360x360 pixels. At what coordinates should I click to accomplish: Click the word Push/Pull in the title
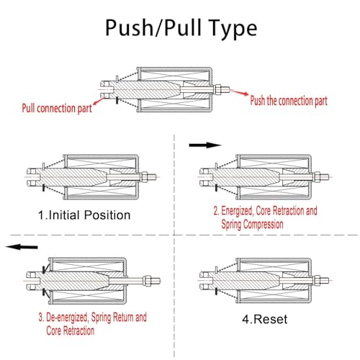tap(153, 27)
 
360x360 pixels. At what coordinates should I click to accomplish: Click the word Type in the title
tap(233, 30)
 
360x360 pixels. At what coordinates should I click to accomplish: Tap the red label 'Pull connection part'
tap(57, 109)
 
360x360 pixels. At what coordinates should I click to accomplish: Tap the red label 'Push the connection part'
tap(289, 101)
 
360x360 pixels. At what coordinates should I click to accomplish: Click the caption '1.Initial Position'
tap(84, 215)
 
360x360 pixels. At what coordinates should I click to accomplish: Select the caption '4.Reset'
tap(265, 319)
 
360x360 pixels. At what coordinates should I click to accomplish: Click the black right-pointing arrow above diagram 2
tap(205, 145)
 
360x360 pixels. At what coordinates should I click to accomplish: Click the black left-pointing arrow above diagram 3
tap(22, 247)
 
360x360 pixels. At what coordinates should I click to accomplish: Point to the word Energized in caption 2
tap(237, 211)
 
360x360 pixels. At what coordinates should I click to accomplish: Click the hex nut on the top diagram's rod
tap(217, 89)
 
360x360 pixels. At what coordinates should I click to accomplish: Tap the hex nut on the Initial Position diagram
tap(145, 177)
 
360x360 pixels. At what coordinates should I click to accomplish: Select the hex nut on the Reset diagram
tap(318, 280)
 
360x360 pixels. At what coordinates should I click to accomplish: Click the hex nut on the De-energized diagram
tap(147, 281)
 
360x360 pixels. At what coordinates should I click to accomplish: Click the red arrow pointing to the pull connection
tap(99, 101)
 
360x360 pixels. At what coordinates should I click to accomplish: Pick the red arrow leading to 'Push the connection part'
tap(239, 92)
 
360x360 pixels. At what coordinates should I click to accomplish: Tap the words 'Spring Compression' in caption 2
tap(252, 224)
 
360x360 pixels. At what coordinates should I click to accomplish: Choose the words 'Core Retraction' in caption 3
tap(70, 330)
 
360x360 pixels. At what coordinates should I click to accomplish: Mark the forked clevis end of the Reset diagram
tap(205, 280)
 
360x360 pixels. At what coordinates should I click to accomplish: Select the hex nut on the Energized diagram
tap(318, 177)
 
